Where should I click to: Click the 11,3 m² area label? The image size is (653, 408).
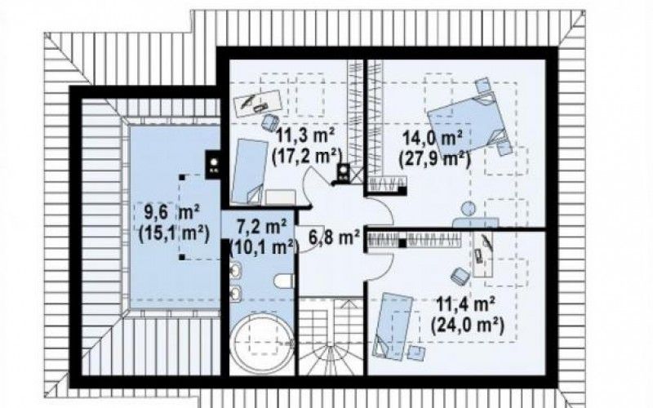tap(305, 135)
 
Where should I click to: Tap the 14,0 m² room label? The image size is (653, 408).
tap(433, 138)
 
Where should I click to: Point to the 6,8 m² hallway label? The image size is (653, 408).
tap(335, 237)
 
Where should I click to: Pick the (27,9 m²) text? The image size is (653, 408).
tap(435, 159)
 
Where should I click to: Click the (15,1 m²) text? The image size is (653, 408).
tap(174, 233)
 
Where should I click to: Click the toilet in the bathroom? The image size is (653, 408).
tap(284, 281)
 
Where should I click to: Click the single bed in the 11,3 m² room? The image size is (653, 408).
tap(250, 171)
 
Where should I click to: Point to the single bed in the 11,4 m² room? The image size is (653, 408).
tap(394, 325)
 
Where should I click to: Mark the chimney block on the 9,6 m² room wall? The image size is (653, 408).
tap(214, 164)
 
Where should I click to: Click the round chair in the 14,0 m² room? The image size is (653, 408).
tap(469, 208)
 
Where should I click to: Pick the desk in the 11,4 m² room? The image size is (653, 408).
tap(483, 254)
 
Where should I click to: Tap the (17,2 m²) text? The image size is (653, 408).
tap(307, 156)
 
